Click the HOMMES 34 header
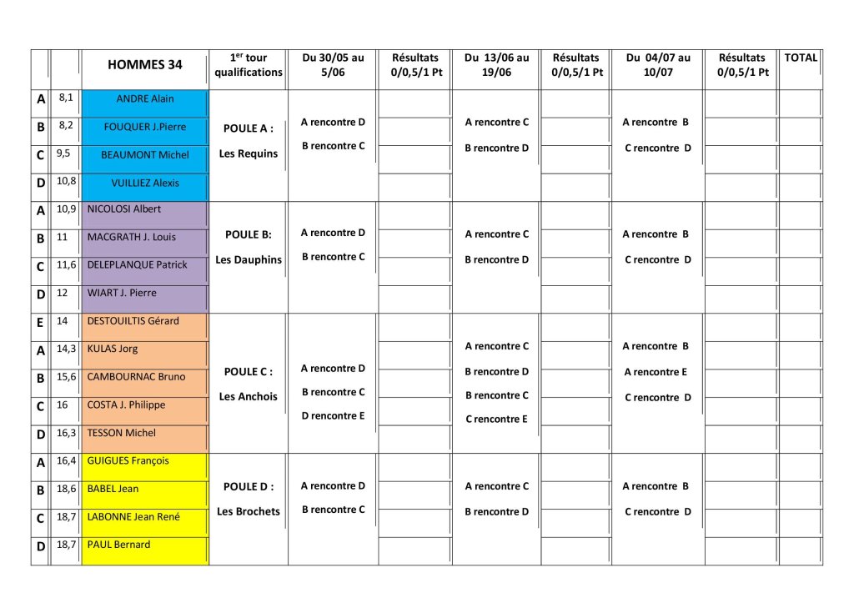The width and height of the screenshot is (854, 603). point(145,65)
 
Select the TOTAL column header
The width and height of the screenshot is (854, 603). point(801,58)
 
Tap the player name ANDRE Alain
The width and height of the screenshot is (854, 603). point(145,99)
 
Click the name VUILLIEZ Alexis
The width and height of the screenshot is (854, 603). point(145,183)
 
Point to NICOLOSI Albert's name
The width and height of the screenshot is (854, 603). point(124,209)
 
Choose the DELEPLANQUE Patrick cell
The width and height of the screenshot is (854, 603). point(137,265)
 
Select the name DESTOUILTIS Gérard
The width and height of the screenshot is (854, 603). point(133,321)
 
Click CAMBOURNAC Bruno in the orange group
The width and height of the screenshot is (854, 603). point(136,377)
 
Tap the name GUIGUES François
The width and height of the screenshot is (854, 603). point(128,460)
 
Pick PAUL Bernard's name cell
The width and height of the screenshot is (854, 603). point(118,545)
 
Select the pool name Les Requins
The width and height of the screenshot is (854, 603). point(249,154)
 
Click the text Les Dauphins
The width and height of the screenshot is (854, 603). point(249,260)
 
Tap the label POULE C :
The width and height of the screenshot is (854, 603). point(249,372)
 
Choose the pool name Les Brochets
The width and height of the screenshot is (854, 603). point(249,511)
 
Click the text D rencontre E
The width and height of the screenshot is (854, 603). point(333,416)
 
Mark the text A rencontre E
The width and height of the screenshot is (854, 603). point(656,373)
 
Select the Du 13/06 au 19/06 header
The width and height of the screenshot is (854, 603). point(496,65)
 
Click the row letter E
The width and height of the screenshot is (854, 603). point(40,322)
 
